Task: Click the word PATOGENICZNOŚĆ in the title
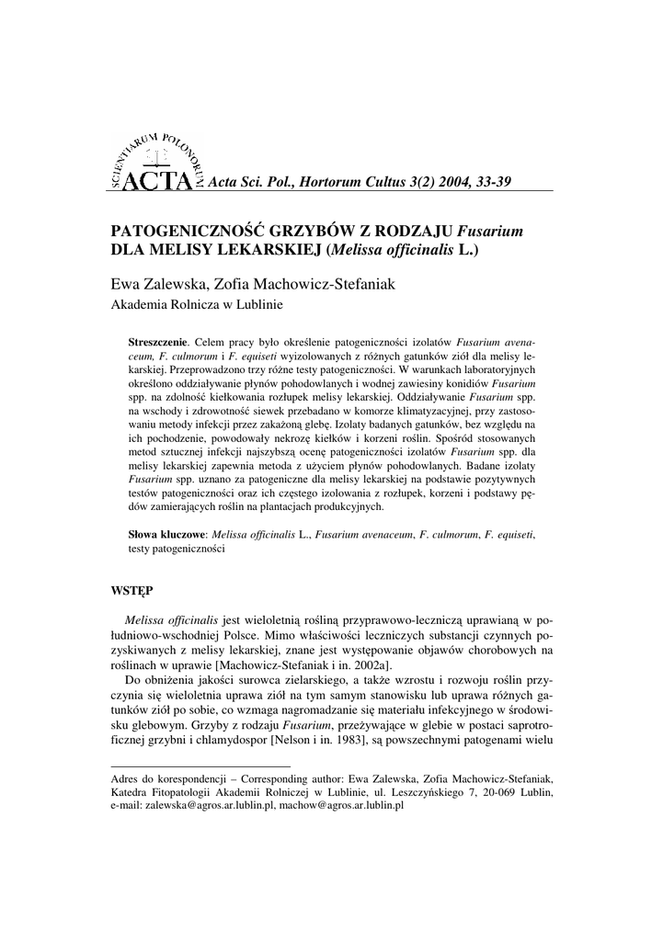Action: [188, 231]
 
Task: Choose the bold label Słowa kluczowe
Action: [168, 533]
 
